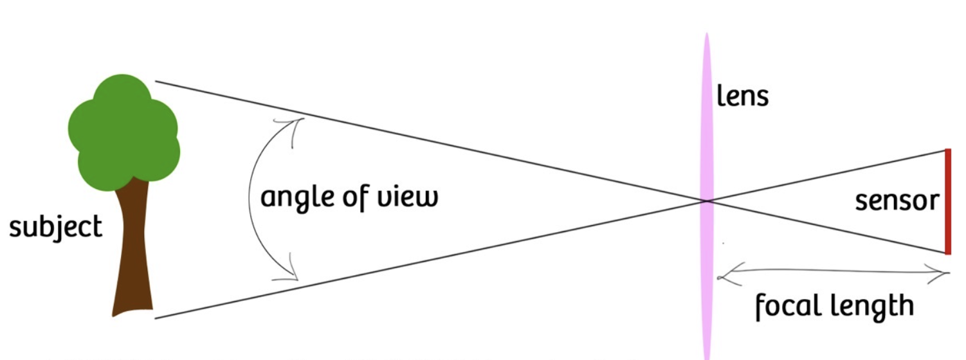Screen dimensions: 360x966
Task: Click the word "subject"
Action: [55, 228]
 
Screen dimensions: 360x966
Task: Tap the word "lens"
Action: [743, 96]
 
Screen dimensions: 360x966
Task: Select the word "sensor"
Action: [897, 201]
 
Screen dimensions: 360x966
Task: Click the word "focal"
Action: [786, 306]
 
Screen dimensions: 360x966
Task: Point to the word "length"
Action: [868, 306]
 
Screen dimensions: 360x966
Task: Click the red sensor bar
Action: [947, 201]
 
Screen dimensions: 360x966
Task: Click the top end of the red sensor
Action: [947, 150]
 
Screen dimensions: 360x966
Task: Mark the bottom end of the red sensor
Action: [947, 253]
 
